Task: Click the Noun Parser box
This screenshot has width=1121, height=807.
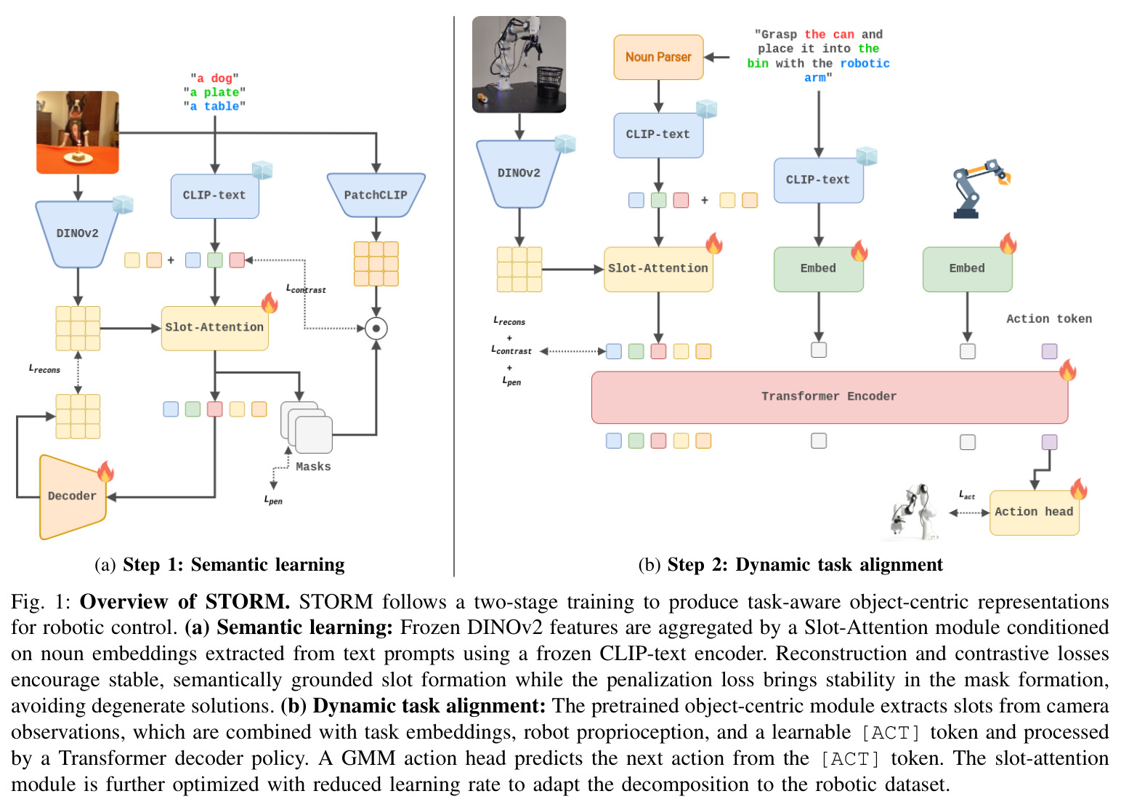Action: pos(659,57)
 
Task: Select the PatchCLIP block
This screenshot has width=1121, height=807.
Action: pos(376,195)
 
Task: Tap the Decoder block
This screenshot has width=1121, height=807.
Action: pos(73,497)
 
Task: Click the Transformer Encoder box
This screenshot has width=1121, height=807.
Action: pos(829,397)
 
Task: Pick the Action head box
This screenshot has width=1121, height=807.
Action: pos(1034,513)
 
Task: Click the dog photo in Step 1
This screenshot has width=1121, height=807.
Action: pos(78,132)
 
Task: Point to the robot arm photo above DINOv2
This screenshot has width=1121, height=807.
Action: pos(519,64)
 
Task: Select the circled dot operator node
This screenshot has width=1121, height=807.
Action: pos(376,329)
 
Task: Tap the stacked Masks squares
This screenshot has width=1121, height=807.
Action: pos(307,427)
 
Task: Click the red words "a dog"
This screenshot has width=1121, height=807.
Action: pos(215,78)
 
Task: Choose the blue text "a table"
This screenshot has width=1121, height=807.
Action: pos(215,106)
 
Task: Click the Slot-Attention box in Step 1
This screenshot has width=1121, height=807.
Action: pos(215,328)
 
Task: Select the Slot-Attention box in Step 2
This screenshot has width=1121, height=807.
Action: pos(659,269)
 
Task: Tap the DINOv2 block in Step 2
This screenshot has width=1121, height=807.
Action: pos(519,174)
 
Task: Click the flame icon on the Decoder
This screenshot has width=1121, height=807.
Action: pos(105,471)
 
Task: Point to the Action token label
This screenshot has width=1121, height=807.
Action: pos(1049,319)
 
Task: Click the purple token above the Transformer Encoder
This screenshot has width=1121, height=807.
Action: pos(1049,351)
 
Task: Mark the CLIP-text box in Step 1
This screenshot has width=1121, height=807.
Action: pos(215,196)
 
